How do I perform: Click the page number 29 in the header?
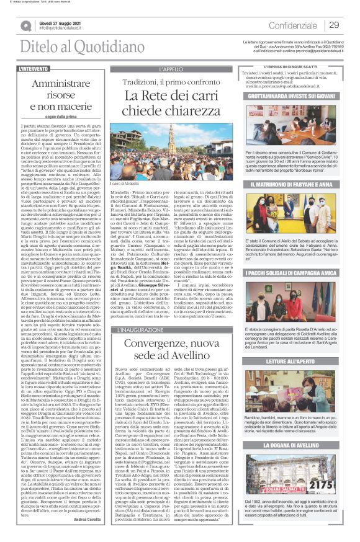334,25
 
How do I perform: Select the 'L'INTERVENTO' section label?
35,68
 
